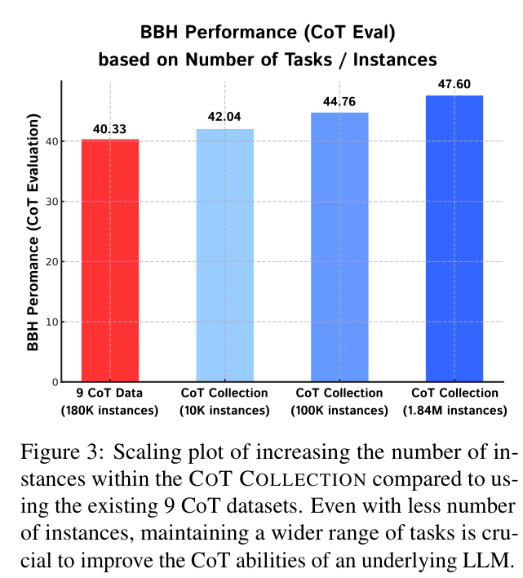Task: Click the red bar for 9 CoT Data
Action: [110, 260]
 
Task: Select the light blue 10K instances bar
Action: [224, 256]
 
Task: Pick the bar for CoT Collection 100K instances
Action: [339, 247]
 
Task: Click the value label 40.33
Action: [110, 129]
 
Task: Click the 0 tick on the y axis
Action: [52, 382]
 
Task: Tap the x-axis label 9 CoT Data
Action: [110, 393]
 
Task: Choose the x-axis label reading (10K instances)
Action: [224, 410]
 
